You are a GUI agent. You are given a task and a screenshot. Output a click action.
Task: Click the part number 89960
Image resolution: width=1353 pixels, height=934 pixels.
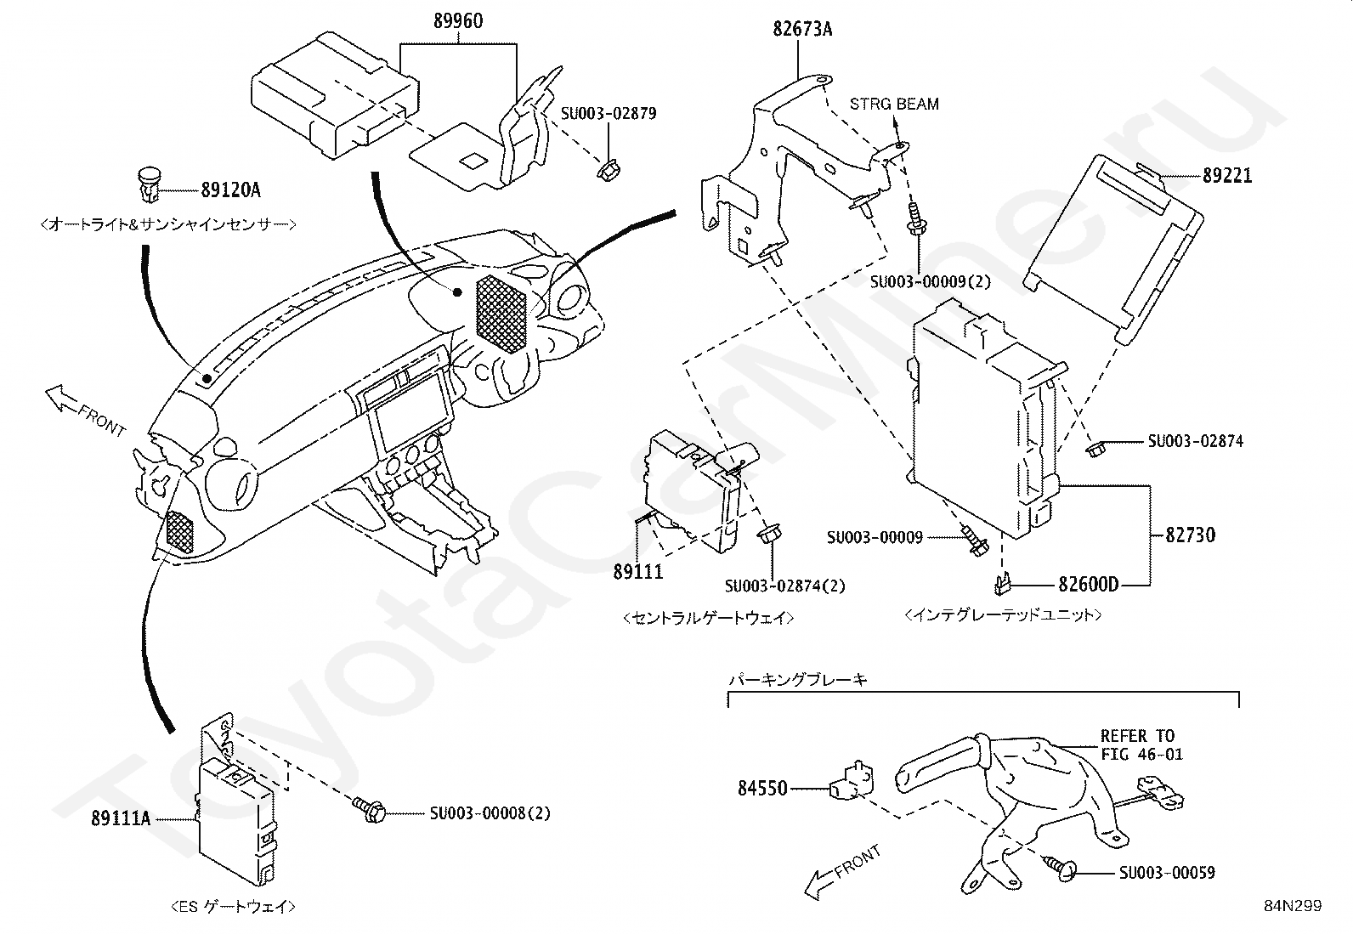(x=458, y=21)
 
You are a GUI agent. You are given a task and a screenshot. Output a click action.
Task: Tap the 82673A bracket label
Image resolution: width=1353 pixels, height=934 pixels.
(x=802, y=29)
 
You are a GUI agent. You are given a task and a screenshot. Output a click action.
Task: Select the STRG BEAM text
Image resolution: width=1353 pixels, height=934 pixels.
(x=894, y=104)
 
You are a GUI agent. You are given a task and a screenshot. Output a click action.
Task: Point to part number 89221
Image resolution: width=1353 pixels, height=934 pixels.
(x=1226, y=176)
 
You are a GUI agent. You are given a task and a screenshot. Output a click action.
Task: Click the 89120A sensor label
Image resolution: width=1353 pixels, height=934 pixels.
(x=230, y=190)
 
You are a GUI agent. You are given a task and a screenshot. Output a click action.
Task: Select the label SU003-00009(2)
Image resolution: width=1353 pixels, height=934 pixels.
(x=930, y=282)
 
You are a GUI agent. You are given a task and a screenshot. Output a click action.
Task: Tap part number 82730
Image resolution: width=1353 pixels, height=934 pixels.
(x=1190, y=535)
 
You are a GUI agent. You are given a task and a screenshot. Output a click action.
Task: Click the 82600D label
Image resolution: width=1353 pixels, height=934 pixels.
(x=1089, y=584)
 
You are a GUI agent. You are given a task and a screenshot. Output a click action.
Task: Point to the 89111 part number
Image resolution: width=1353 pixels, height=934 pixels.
(x=638, y=571)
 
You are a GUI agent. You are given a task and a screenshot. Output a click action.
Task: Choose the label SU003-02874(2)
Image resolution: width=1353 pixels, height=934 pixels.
(x=784, y=586)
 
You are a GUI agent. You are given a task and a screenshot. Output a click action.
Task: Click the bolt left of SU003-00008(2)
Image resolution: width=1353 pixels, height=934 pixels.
(x=370, y=807)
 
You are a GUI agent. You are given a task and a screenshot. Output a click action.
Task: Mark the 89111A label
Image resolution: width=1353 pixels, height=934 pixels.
(x=121, y=818)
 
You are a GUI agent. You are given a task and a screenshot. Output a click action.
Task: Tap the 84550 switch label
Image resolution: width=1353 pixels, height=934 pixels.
(x=762, y=789)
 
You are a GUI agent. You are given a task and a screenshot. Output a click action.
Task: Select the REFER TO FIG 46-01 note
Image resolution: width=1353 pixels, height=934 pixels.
(x=1141, y=744)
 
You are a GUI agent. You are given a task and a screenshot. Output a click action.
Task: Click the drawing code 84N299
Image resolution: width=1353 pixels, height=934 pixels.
(x=1293, y=906)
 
